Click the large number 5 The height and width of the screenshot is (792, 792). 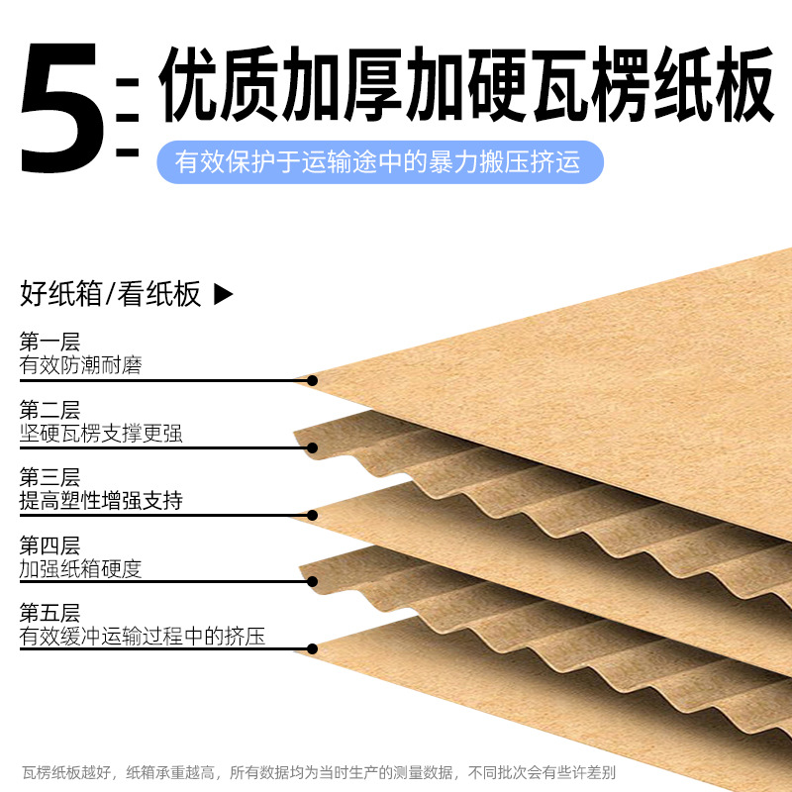point(61,108)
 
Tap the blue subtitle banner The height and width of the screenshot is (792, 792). point(380,161)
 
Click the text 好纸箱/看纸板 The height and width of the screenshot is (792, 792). point(111,294)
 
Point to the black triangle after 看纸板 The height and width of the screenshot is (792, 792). point(224,294)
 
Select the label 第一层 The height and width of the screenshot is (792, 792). point(49,343)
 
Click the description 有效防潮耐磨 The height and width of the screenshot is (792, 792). point(80,365)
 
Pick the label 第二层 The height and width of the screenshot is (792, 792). point(49,410)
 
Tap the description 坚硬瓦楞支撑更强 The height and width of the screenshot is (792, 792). point(101,433)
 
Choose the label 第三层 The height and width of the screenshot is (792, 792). point(49,477)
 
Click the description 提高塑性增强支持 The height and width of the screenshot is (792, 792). point(101,500)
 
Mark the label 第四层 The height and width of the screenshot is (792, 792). point(49,545)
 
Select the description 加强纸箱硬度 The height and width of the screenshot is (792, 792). point(80,568)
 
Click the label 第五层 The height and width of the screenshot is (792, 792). point(49,613)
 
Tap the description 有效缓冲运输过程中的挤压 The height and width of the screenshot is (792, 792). point(143,636)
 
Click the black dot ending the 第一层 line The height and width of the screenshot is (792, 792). point(312,380)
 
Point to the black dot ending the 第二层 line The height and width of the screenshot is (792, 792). point(312,447)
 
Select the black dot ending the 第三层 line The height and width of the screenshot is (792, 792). point(312,515)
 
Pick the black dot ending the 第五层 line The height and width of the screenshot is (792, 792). point(312,649)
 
